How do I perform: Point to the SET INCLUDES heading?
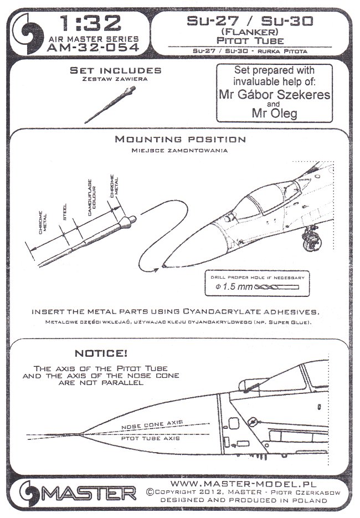coord(116,71)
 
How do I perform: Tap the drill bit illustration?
coord(274,288)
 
